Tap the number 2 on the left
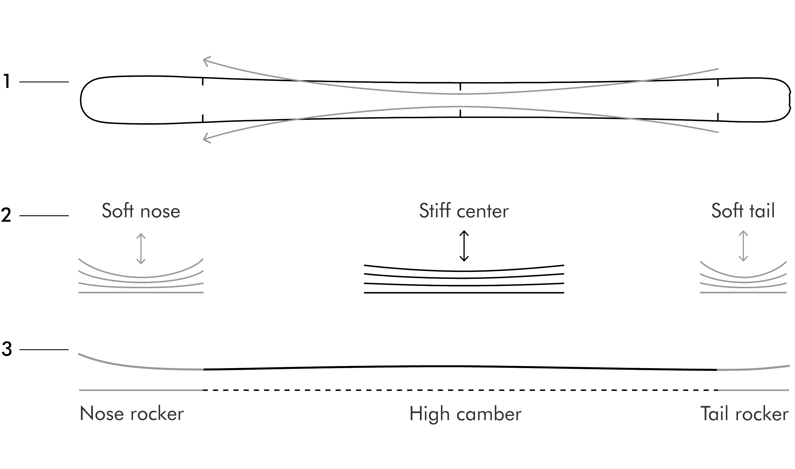6,215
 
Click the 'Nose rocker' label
132,413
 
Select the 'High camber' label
465,414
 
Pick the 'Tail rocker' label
744,413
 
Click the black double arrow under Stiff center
464,246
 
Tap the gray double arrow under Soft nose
141,249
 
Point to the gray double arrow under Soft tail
743,246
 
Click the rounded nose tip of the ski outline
81,100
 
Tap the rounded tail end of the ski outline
790,100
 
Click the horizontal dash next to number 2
44,215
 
